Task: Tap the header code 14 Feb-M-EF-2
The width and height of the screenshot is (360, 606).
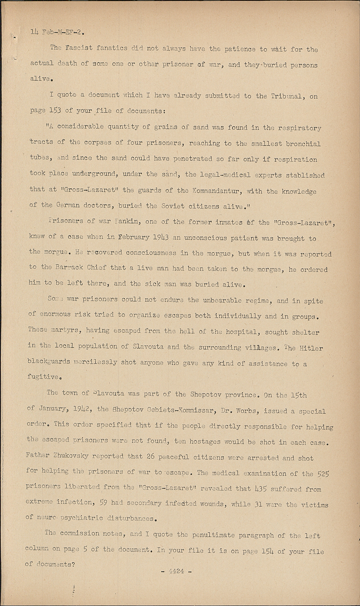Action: coord(57,32)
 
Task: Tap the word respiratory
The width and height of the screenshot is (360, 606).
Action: coord(299,128)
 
